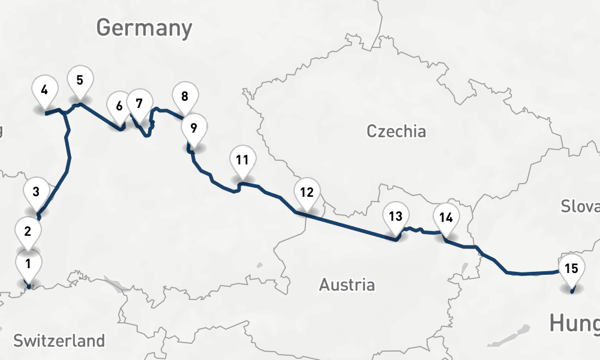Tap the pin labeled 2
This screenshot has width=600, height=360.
(x=28, y=231)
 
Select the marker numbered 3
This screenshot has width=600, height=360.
(x=36, y=193)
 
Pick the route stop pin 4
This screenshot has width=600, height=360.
(x=44, y=92)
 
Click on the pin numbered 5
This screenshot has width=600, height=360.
(x=79, y=80)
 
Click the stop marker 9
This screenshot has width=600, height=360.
(x=193, y=128)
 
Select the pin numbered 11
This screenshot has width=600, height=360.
(x=242, y=161)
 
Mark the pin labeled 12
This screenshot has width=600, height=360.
(x=307, y=194)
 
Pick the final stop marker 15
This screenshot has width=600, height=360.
(x=571, y=269)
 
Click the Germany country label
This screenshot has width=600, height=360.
(x=144, y=28)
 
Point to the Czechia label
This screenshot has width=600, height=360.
(x=396, y=131)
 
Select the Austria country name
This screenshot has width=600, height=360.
(x=347, y=284)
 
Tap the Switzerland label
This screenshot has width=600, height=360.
(x=59, y=341)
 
